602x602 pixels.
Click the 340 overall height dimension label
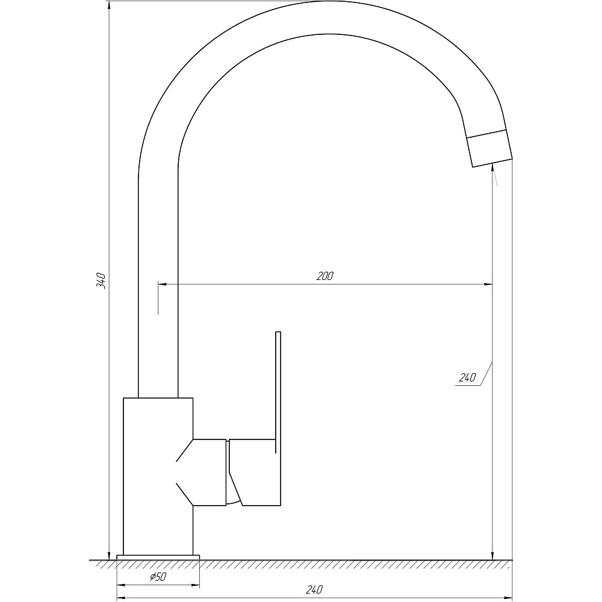102,281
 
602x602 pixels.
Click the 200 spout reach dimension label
324,276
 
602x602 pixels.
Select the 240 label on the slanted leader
467,378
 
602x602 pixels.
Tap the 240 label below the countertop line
314,589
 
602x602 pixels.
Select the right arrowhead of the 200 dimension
488,284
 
